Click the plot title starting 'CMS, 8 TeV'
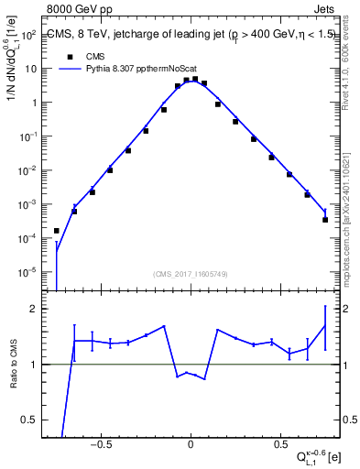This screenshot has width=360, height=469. pyautogui.click(x=190, y=36)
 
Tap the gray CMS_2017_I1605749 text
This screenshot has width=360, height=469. pyautogui.click(x=191, y=274)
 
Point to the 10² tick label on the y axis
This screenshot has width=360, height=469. pyautogui.click(x=27, y=35)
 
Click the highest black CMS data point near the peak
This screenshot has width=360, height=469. pyautogui.click(x=194, y=79)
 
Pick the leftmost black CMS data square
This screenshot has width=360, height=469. pyautogui.click(x=57, y=231)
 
